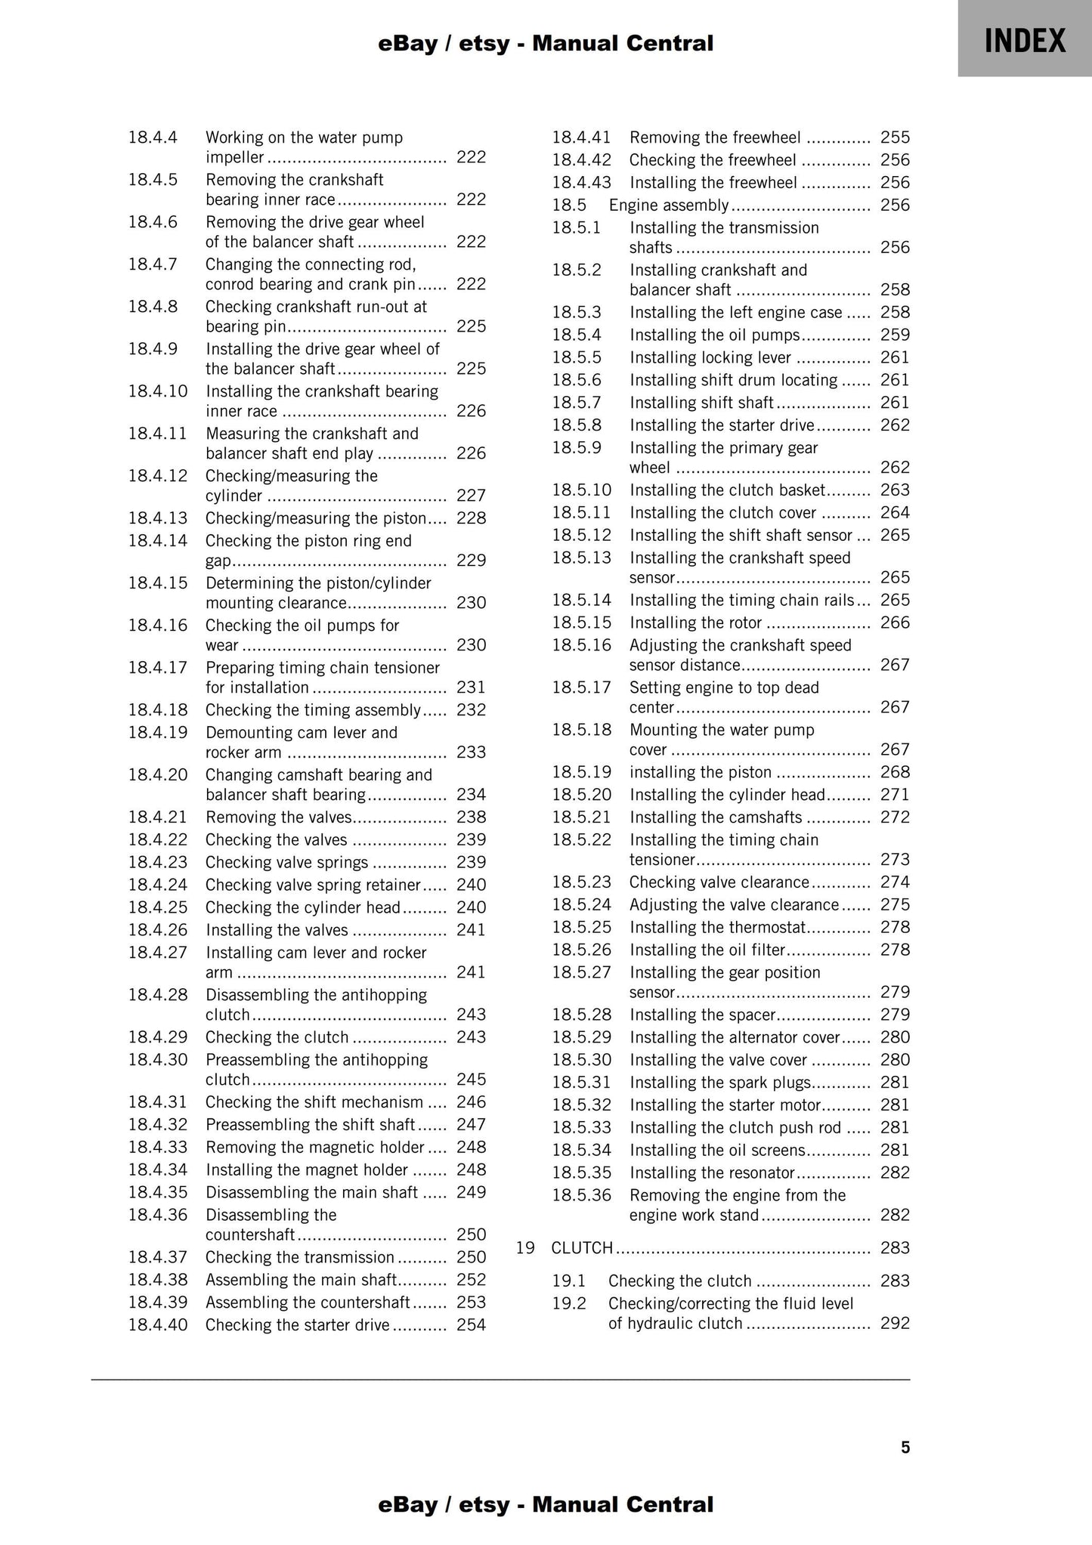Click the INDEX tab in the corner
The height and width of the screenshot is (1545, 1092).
pyautogui.click(x=1024, y=40)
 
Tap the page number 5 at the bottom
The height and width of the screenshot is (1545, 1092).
pyautogui.click(x=905, y=1447)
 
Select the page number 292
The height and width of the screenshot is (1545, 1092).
pyautogui.click(x=895, y=1323)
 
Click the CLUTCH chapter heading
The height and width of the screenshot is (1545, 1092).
pyautogui.click(x=582, y=1247)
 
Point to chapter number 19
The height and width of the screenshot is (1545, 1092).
pyautogui.click(x=525, y=1247)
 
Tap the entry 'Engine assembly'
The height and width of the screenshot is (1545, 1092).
pyautogui.click(x=669, y=205)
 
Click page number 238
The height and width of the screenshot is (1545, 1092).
pyautogui.click(x=471, y=817)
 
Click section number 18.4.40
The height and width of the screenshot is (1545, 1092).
pyautogui.click(x=157, y=1324)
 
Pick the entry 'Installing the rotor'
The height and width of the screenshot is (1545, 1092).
pyautogui.click(x=695, y=623)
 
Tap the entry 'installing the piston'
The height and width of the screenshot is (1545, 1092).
pyautogui.click(x=701, y=772)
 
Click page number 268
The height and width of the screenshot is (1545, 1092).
pyautogui.click(x=895, y=772)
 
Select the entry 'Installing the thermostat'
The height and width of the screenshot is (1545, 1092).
pyautogui.click(x=718, y=927)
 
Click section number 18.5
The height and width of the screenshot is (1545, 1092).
pyautogui.click(x=568, y=205)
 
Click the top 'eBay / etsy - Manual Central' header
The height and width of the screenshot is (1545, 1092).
pyautogui.click(x=546, y=44)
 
